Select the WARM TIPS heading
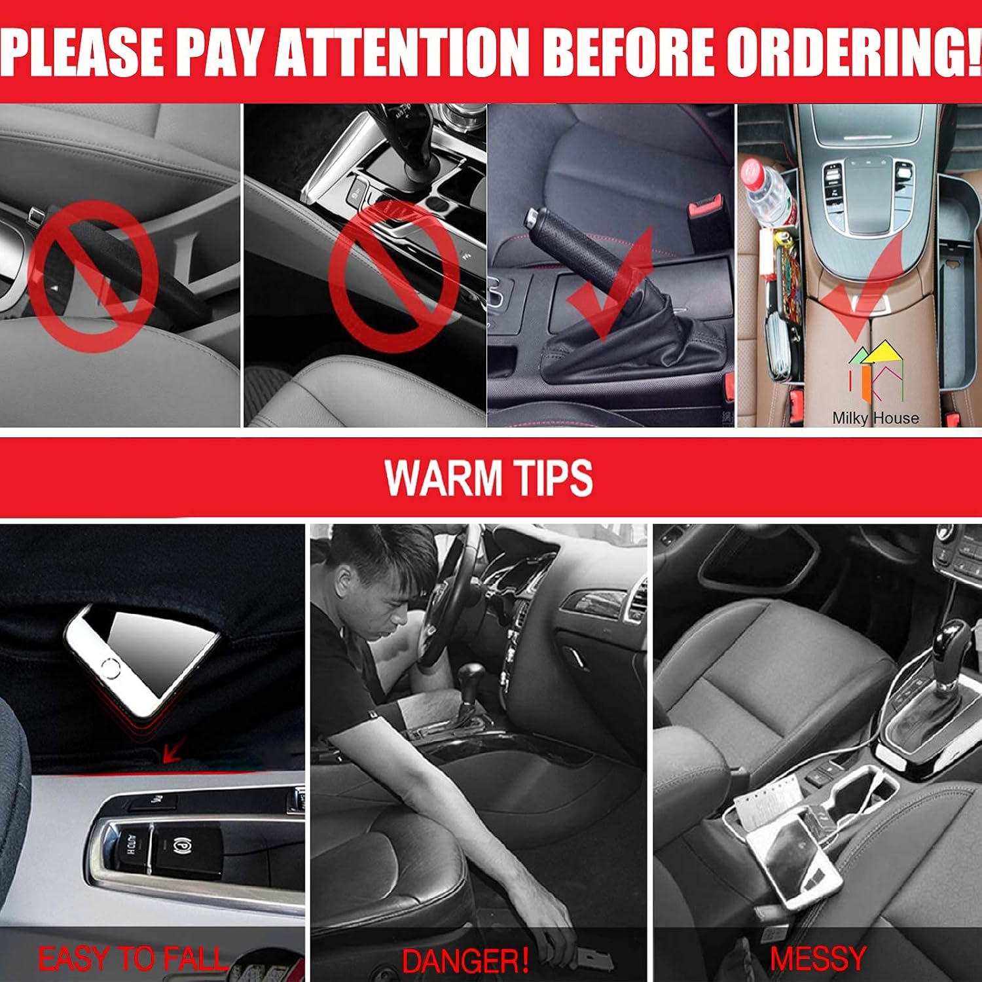[x=489, y=477]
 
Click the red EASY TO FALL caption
[x=132, y=958]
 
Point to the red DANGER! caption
[x=465, y=961]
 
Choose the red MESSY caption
[x=818, y=958]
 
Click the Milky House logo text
[x=875, y=418]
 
